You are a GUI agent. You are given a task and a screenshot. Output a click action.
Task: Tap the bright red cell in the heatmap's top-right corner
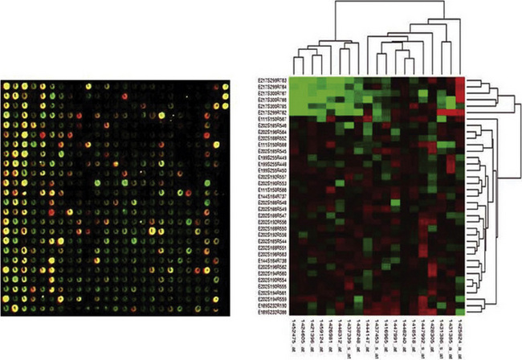click(x=460, y=84)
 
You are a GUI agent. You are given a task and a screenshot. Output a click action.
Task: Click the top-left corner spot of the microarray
click(x=7, y=85)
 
